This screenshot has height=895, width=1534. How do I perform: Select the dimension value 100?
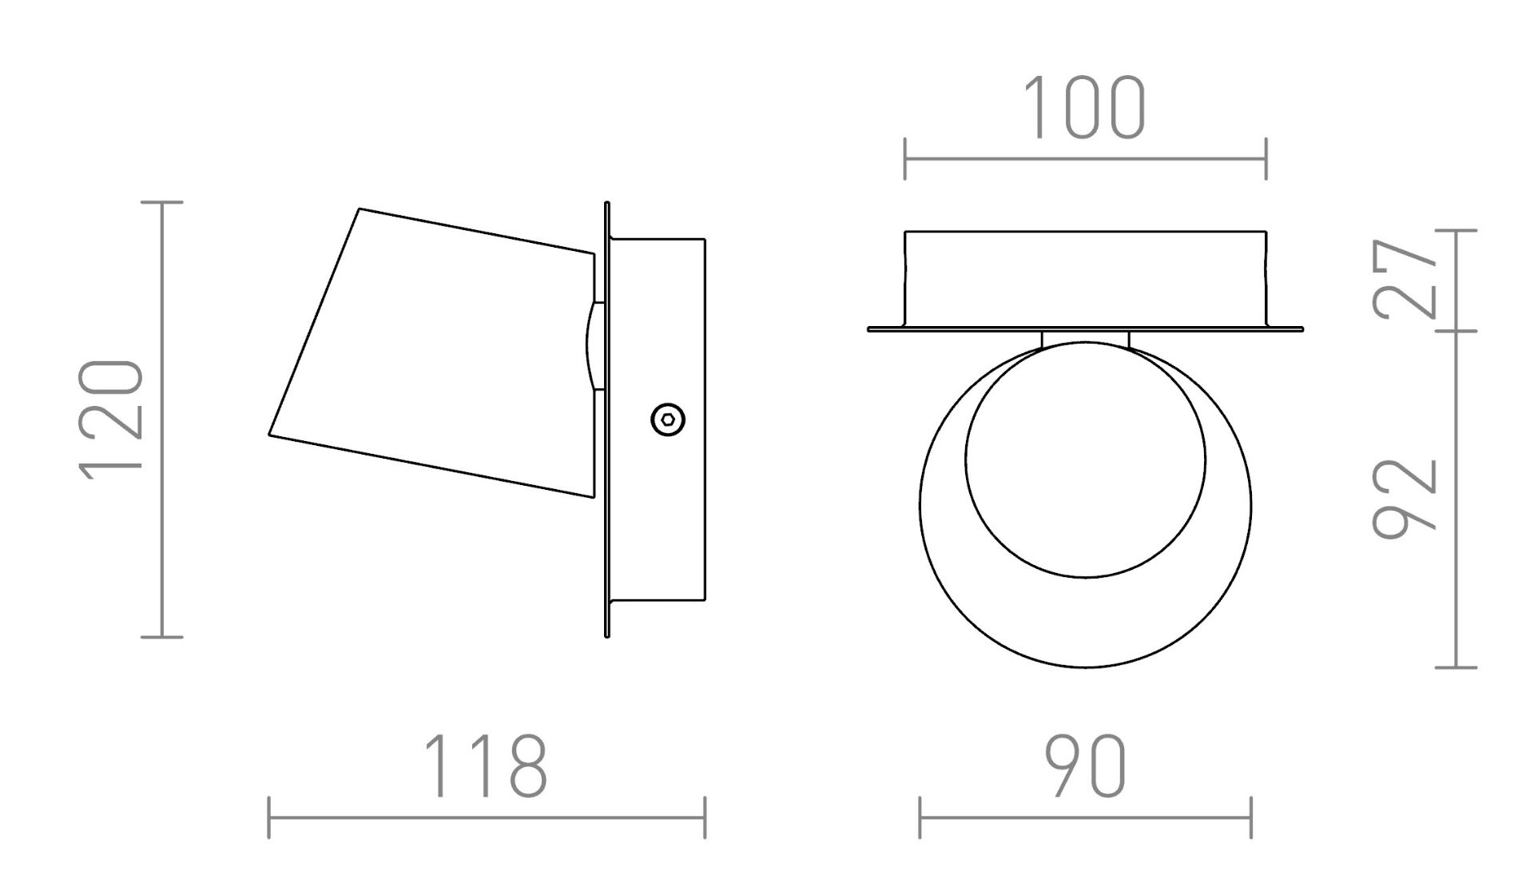pos(1084,108)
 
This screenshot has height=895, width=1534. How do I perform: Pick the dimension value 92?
pos(1404,498)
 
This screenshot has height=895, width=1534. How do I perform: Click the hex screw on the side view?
pos(668,420)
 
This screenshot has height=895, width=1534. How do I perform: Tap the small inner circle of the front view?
pos(1085,459)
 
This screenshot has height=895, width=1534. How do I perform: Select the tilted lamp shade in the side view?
pos(432,352)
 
